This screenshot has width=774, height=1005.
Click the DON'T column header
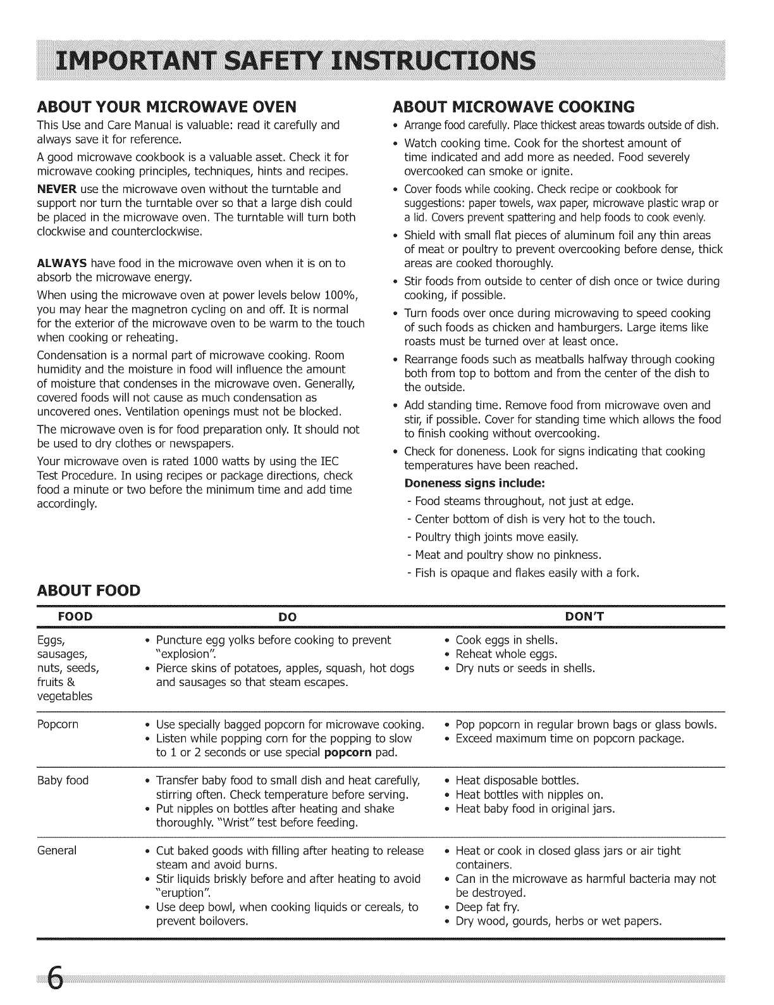point(582,616)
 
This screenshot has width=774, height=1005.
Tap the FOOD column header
point(76,616)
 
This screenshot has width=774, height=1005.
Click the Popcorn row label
point(58,724)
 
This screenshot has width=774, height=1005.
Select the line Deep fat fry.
point(488,907)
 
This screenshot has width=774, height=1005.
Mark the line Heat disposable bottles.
point(517,780)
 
